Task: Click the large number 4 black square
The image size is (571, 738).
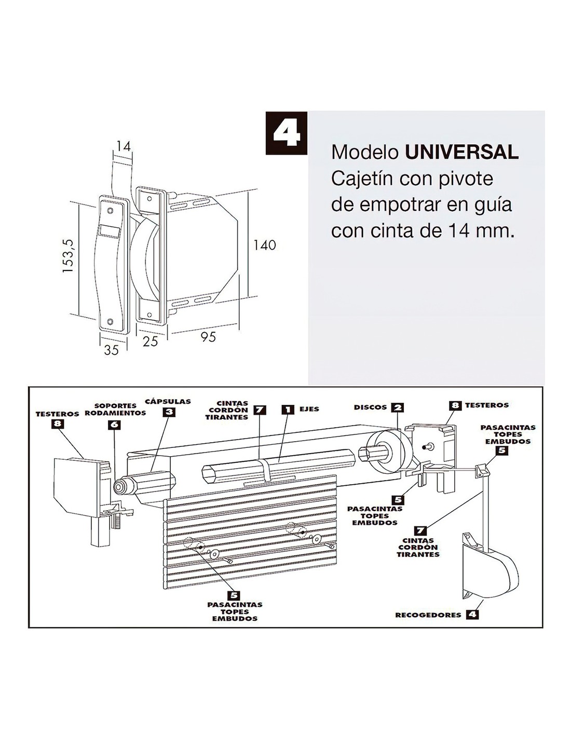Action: click(286, 133)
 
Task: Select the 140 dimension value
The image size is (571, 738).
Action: click(264, 244)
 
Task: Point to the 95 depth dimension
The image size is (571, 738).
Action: click(208, 337)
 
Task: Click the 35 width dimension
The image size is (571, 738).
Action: click(111, 350)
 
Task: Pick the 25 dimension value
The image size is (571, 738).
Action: click(150, 341)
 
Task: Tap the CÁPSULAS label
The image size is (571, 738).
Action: click(168, 401)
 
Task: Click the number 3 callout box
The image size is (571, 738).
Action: click(169, 413)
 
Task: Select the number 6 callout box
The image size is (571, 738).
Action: click(114, 425)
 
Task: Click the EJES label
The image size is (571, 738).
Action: click(309, 409)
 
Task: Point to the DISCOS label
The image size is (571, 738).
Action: click(370, 407)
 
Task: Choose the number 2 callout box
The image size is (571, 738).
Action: click(397, 407)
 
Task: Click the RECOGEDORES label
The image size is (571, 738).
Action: click(428, 615)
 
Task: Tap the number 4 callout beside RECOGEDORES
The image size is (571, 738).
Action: click(472, 614)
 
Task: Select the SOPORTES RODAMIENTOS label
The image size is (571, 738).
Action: click(115, 409)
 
